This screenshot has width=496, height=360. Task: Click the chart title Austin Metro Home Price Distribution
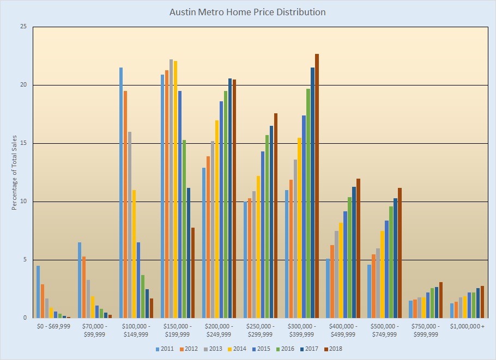coord(249,11)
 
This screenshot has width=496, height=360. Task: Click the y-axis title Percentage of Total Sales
coord(14,173)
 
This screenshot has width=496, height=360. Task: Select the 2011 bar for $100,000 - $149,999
coord(121,193)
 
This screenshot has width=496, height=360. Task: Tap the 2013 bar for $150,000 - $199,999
coord(171,188)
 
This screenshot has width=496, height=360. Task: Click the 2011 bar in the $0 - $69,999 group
coord(38,292)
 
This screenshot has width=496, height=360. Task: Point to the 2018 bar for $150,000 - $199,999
coord(193,272)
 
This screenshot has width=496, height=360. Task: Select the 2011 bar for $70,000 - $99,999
coord(80,280)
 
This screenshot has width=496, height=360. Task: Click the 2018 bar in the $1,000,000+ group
coord(482,302)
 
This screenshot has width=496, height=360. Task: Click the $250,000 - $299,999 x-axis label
coord(261,330)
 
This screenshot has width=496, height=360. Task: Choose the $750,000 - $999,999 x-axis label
coord(426,330)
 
